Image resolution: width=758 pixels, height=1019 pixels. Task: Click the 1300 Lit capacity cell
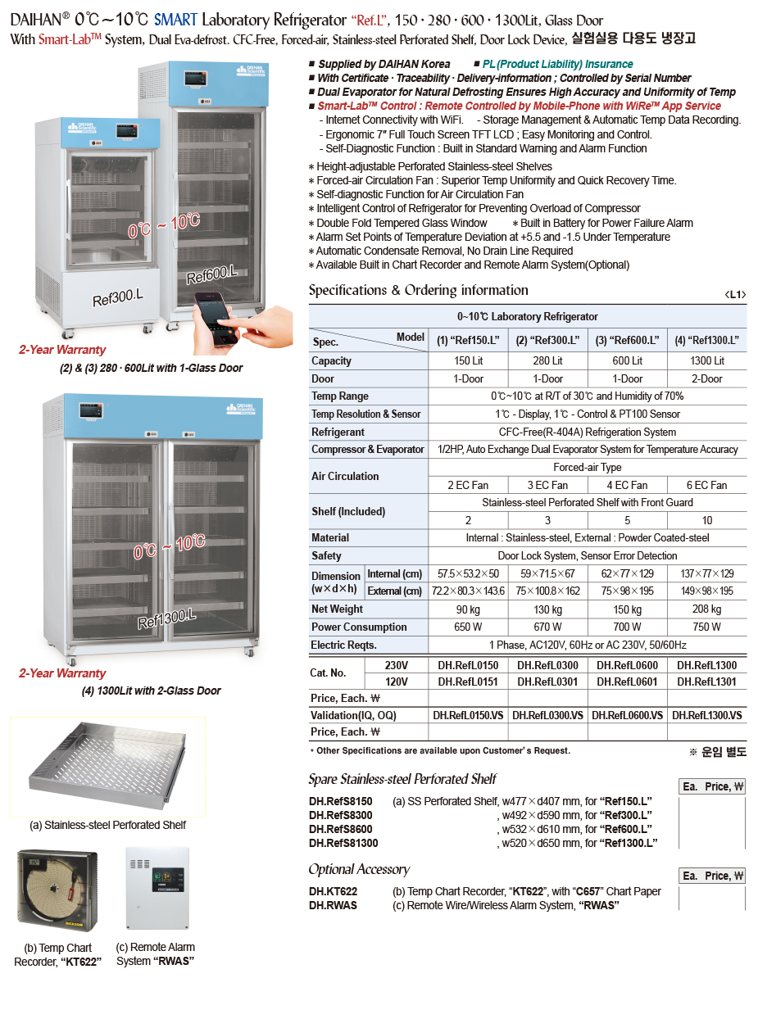click(x=706, y=360)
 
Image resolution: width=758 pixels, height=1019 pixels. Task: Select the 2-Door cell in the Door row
click(x=706, y=378)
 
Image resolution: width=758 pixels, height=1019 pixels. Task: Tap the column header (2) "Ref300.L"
click(x=547, y=340)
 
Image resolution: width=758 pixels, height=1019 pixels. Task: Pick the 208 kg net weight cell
click(x=706, y=609)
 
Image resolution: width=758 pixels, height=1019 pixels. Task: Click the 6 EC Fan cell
click(x=706, y=485)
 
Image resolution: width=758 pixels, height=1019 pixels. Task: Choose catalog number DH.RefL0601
click(x=627, y=682)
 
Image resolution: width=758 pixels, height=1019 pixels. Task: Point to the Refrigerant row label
click(x=338, y=432)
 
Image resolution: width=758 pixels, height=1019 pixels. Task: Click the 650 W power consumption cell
click(x=468, y=627)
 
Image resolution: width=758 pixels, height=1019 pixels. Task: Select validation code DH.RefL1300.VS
click(x=706, y=715)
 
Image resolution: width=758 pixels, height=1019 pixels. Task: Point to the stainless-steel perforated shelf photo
click(x=108, y=767)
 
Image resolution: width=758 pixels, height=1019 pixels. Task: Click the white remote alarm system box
click(x=157, y=888)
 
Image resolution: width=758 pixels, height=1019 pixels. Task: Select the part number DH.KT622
click(x=333, y=891)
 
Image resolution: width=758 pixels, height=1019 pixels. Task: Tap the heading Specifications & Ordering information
click(x=418, y=290)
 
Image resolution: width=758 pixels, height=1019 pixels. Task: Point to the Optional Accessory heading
click(x=359, y=869)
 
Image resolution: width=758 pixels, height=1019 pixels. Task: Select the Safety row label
click(x=326, y=555)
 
